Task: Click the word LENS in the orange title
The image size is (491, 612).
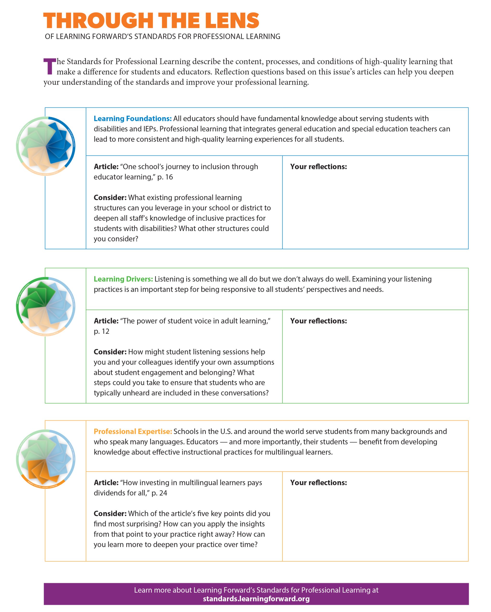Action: click(x=232, y=21)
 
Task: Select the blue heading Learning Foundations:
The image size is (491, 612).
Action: click(x=132, y=118)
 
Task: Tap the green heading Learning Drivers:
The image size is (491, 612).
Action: click(x=123, y=279)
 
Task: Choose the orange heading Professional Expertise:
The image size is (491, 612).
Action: click(x=133, y=431)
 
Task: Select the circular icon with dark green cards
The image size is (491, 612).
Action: click(x=46, y=306)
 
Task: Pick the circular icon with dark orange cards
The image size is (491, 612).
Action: click(x=46, y=459)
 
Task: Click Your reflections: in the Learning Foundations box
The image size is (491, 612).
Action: click(x=318, y=166)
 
